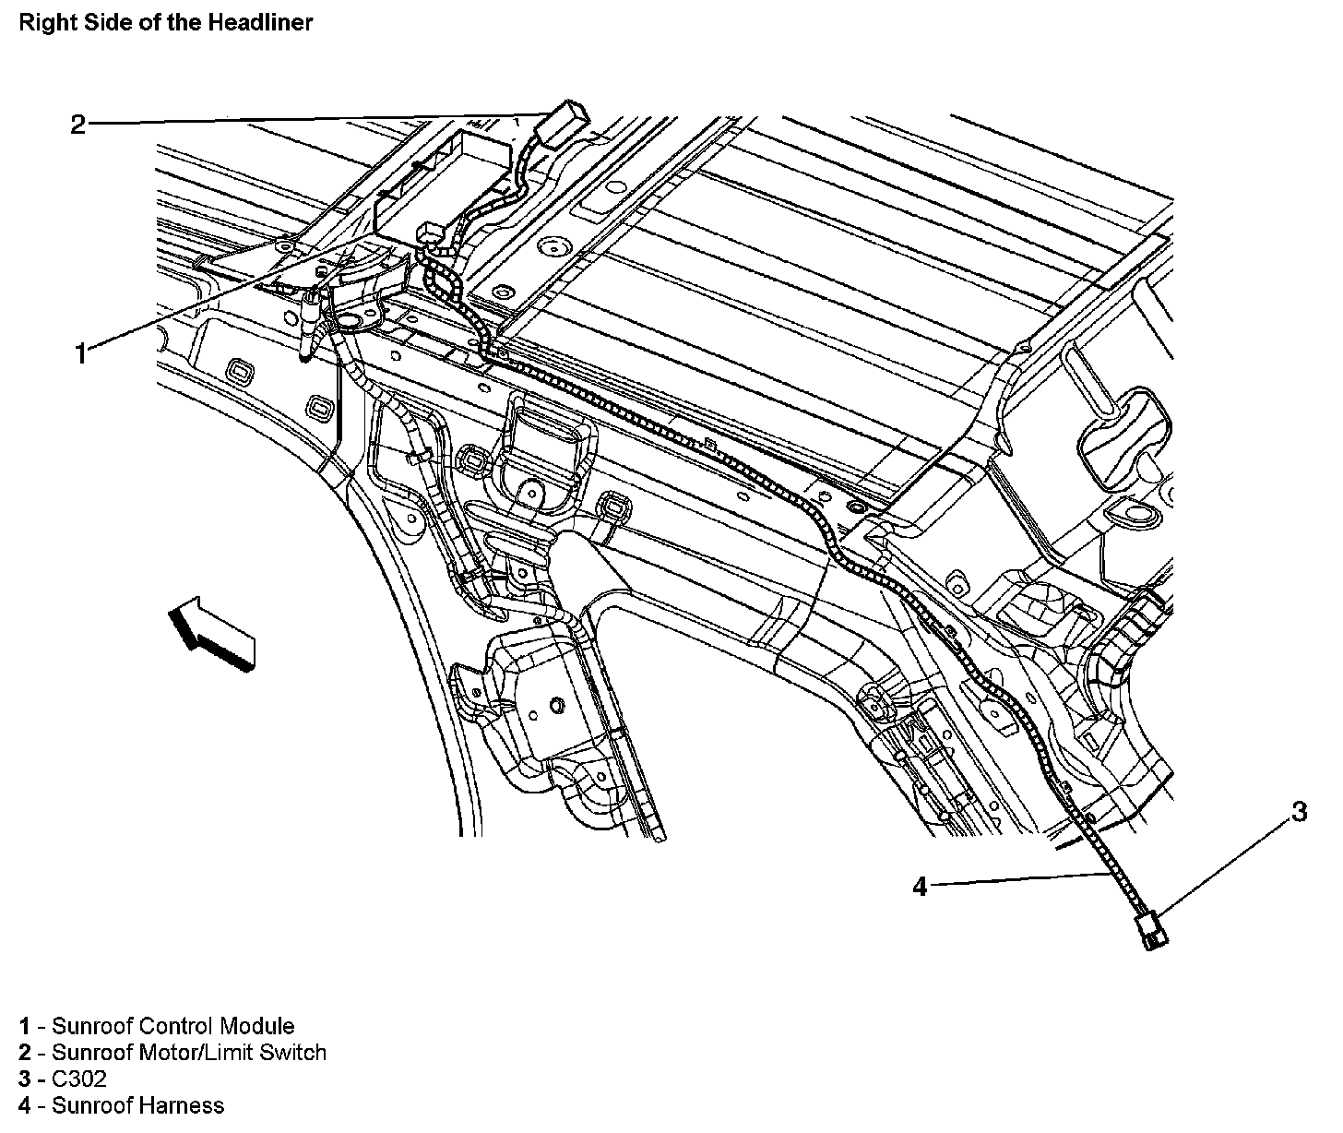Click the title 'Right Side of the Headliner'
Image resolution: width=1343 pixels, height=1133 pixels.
(x=166, y=23)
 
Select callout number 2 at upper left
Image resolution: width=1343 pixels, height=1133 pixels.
(x=77, y=124)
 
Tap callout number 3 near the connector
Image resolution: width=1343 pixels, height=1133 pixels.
(x=1298, y=812)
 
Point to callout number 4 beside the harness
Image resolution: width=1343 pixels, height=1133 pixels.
(x=920, y=887)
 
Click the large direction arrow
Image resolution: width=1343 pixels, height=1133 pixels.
(x=212, y=630)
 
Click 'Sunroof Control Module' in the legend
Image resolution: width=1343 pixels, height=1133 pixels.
(x=173, y=1026)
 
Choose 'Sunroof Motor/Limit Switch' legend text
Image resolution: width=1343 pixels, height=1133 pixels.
(x=189, y=1052)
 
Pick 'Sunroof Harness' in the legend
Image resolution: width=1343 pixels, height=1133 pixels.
(x=137, y=1104)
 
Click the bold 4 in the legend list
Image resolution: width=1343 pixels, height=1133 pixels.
(x=25, y=1104)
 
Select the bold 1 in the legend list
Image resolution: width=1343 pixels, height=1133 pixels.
(x=25, y=1026)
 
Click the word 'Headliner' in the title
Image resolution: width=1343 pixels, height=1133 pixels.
(x=266, y=23)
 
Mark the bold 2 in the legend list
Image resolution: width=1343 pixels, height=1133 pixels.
(x=25, y=1052)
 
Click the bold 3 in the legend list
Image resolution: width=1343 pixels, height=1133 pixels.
(x=25, y=1079)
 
